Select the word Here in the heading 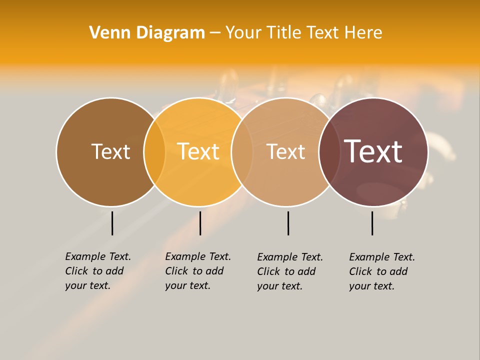pyautogui.click(x=364, y=33)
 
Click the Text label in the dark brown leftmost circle pyautogui.click(x=110, y=151)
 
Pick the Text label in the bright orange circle pyautogui.click(x=198, y=151)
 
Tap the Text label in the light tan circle pyautogui.click(x=285, y=151)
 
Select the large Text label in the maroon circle pyautogui.click(x=373, y=151)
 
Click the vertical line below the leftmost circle pyautogui.click(x=112, y=223)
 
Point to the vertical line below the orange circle pyautogui.click(x=200, y=223)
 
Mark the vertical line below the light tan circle pyautogui.click(x=288, y=223)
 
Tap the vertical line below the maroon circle pyautogui.click(x=372, y=223)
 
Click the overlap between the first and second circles pyautogui.click(x=154, y=152)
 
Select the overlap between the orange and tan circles pyautogui.click(x=242, y=152)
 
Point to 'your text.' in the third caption pyautogui.click(x=280, y=286)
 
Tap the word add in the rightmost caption pyautogui.click(x=399, y=271)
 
